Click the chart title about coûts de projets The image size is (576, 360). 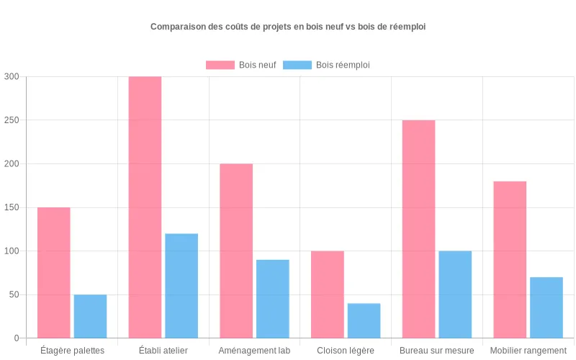[288, 27]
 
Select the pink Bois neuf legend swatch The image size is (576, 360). [220, 65]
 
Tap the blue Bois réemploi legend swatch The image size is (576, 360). [297, 65]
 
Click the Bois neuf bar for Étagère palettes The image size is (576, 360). [54, 273]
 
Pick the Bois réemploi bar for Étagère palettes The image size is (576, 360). [90, 316]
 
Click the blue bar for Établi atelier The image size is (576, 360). [181, 286]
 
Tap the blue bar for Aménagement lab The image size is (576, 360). [273, 299]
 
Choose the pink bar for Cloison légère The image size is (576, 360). [328, 294]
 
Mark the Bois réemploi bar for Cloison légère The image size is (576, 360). [364, 320]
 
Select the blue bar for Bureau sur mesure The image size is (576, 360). [455, 294]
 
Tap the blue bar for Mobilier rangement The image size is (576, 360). [546, 307]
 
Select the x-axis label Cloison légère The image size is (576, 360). [346, 351]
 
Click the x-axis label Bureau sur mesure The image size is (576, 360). [437, 351]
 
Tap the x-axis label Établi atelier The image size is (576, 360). [163, 351]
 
